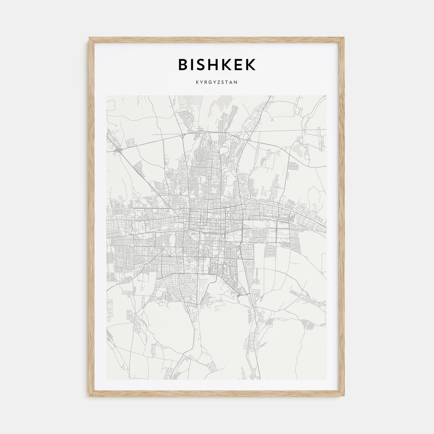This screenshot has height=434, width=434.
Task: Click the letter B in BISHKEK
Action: tap(184, 64)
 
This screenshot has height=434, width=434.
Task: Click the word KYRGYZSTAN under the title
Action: tap(217, 82)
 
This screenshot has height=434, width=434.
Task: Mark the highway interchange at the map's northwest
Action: tap(119, 149)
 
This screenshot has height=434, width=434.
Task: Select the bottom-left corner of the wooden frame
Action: tap(90, 397)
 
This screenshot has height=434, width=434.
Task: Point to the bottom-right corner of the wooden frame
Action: tap(344, 397)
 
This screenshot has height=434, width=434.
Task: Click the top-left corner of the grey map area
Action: tap(107, 95)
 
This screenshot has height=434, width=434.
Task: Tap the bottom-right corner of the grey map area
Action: tap(327, 379)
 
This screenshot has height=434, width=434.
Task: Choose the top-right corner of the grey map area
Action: tap(327, 95)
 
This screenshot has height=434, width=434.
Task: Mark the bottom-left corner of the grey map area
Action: tap(107, 379)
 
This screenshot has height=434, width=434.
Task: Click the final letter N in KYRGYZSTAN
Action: tap(236, 82)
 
